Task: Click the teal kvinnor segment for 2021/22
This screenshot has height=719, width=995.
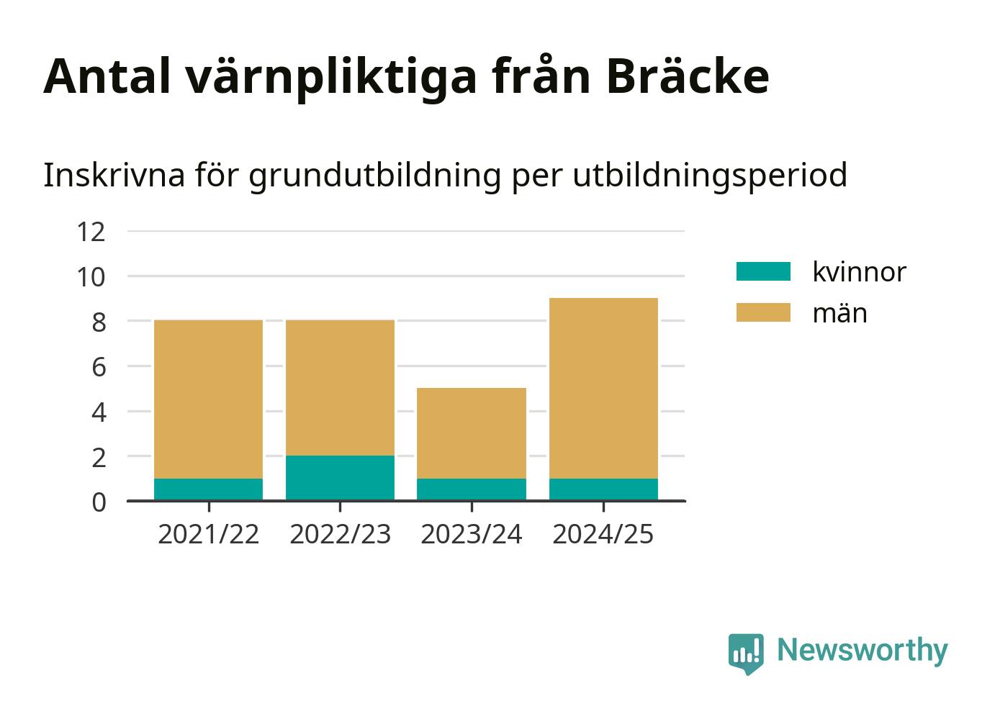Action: tap(208, 489)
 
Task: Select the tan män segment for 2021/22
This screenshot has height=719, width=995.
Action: tap(208, 399)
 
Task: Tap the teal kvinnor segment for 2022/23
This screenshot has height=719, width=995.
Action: tap(340, 479)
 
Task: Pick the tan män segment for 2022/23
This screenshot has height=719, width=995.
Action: tap(340, 388)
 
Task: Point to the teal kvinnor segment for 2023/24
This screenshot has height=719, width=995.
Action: tap(472, 489)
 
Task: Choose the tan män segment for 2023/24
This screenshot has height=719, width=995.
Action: tap(472, 433)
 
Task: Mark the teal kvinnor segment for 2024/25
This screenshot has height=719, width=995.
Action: tap(603, 489)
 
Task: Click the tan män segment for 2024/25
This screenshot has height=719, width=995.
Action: tap(603, 388)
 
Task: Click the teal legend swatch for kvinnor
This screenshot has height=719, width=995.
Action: tap(763, 271)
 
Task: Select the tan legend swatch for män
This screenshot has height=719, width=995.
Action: tap(763, 312)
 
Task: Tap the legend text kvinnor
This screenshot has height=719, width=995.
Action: tap(859, 271)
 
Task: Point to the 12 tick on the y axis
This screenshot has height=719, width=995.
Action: tap(91, 232)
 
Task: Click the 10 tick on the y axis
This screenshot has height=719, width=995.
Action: tap(91, 277)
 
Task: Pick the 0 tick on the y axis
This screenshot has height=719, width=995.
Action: tap(99, 502)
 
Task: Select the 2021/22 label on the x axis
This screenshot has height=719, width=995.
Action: tap(208, 534)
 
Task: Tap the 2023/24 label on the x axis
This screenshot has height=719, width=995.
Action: tap(472, 534)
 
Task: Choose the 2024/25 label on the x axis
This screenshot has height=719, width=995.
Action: tap(603, 534)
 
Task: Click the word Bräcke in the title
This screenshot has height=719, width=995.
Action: tap(688, 76)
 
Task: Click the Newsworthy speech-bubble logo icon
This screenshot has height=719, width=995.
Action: tap(746, 654)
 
